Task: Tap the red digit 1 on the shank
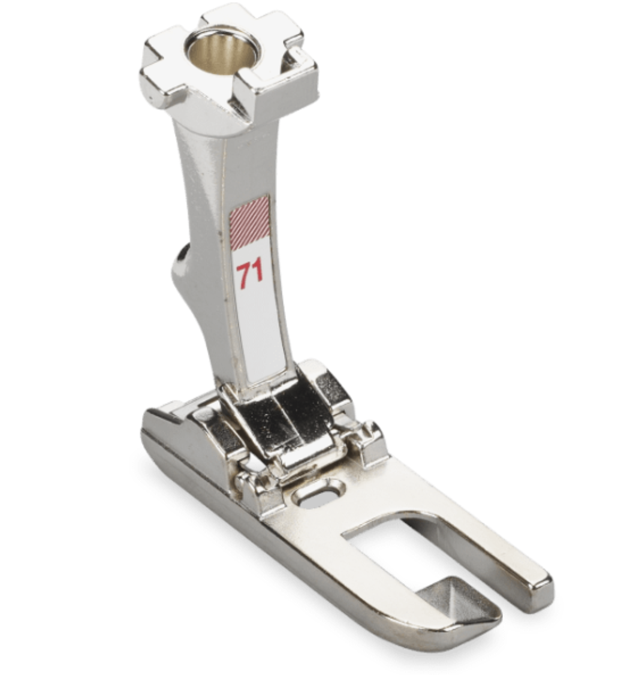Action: (x=257, y=272)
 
